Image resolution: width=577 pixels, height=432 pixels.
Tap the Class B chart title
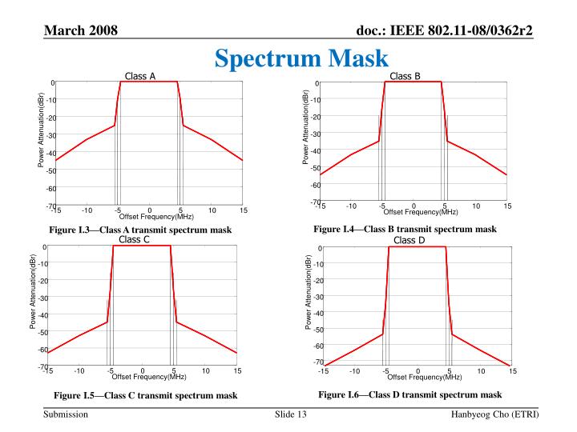tap(405, 77)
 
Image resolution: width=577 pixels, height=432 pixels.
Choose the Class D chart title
tap(410, 240)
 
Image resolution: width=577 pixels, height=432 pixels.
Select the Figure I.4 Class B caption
tap(405, 230)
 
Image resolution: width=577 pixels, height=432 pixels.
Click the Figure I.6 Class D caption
tap(410, 394)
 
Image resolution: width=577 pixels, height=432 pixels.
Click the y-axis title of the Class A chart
tap(42, 130)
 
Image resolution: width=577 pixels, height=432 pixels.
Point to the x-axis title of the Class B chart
tap(420, 212)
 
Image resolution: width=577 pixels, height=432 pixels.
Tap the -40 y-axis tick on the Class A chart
tap(50, 153)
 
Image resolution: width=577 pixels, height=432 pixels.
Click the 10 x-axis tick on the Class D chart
tap(481, 370)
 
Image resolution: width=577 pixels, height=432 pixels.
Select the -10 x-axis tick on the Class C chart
tap(79, 370)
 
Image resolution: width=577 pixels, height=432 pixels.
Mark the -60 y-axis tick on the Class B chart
tap(315, 186)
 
